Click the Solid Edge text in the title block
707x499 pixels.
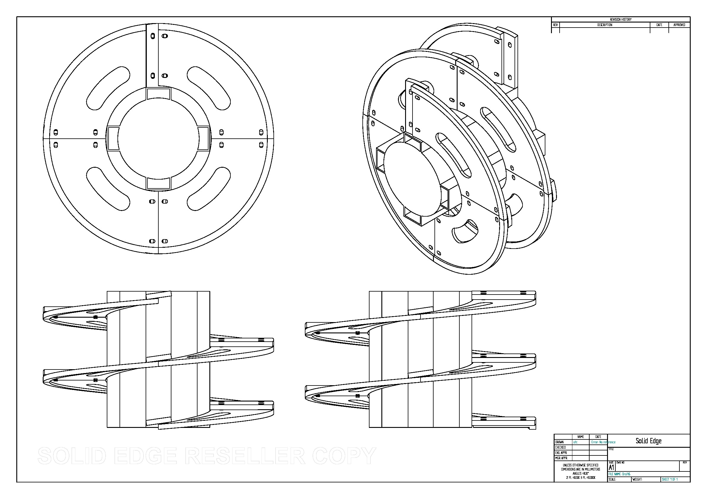(649, 441)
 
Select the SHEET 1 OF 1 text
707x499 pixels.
(670, 479)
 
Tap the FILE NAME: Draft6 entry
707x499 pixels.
(619, 474)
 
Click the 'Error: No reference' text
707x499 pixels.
(603, 442)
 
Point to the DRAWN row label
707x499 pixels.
(560, 442)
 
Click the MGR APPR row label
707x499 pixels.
(561, 458)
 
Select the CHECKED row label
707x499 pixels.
(560, 447)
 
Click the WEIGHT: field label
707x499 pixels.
(637, 479)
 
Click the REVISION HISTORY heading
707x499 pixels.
(620, 19)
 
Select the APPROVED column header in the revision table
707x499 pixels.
(679, 25)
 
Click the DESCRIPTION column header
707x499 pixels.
(604, 25)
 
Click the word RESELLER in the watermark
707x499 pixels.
(245, 456)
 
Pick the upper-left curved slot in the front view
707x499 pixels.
(107, 88)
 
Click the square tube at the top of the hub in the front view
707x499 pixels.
(158, 93)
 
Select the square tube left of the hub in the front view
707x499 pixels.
(113, 138)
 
